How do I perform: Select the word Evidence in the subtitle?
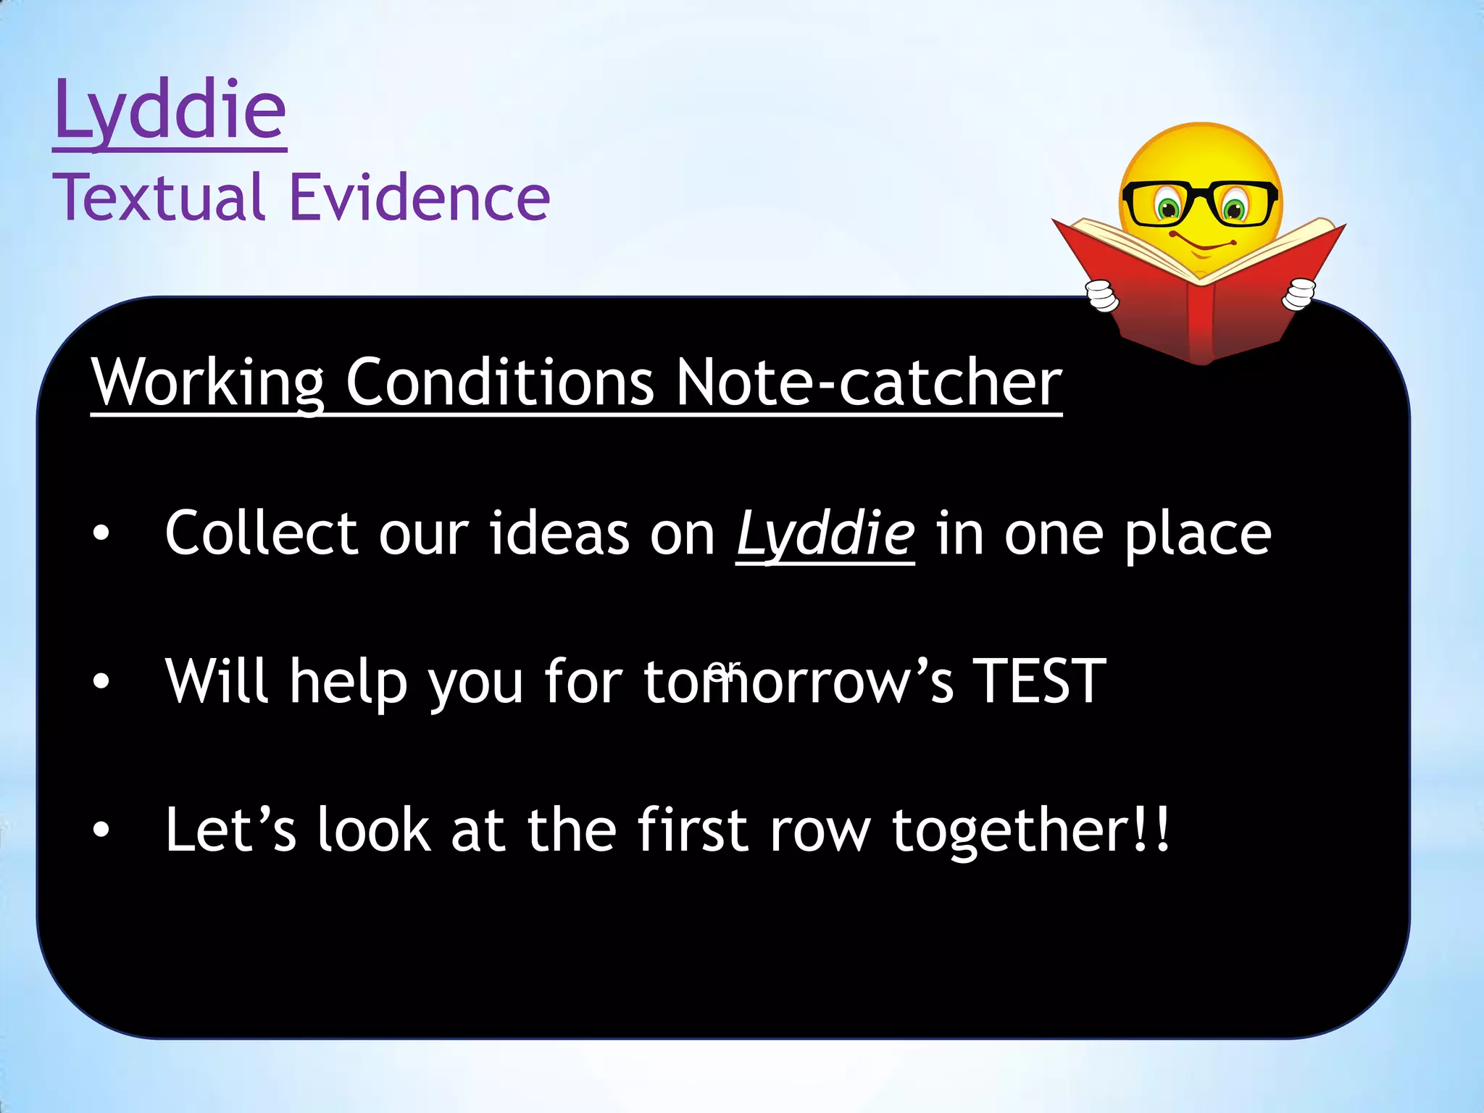420,197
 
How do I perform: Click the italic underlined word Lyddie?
825,535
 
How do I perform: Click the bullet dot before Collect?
101,534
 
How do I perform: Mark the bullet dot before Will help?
101,682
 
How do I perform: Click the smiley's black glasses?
1199,202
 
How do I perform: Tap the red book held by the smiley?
1199,304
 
